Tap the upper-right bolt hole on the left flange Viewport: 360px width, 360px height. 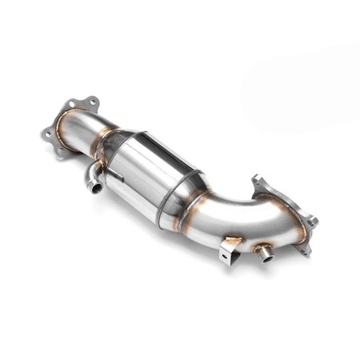tap(93, 102)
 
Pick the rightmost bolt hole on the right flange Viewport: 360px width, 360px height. tap(313, 221)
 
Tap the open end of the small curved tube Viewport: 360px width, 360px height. tap(95, 189)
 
